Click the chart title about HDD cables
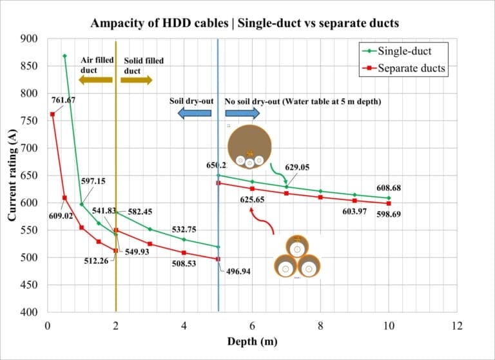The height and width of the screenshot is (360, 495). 245,23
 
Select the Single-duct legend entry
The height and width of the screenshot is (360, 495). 403,51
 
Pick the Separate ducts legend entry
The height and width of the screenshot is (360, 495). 403,68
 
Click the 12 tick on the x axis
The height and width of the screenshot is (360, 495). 457,326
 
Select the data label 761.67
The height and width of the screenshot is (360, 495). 63,100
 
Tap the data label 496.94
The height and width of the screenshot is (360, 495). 238,272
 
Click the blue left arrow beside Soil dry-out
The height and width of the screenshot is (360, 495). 194,114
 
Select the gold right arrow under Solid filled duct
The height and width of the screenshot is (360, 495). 137,80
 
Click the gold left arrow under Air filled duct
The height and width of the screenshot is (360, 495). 95,80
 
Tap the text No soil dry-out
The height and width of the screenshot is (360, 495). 251,101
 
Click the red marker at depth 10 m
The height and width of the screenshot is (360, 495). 389,203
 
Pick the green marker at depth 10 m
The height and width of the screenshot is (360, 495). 389,198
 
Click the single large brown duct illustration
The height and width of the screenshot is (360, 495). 249,146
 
